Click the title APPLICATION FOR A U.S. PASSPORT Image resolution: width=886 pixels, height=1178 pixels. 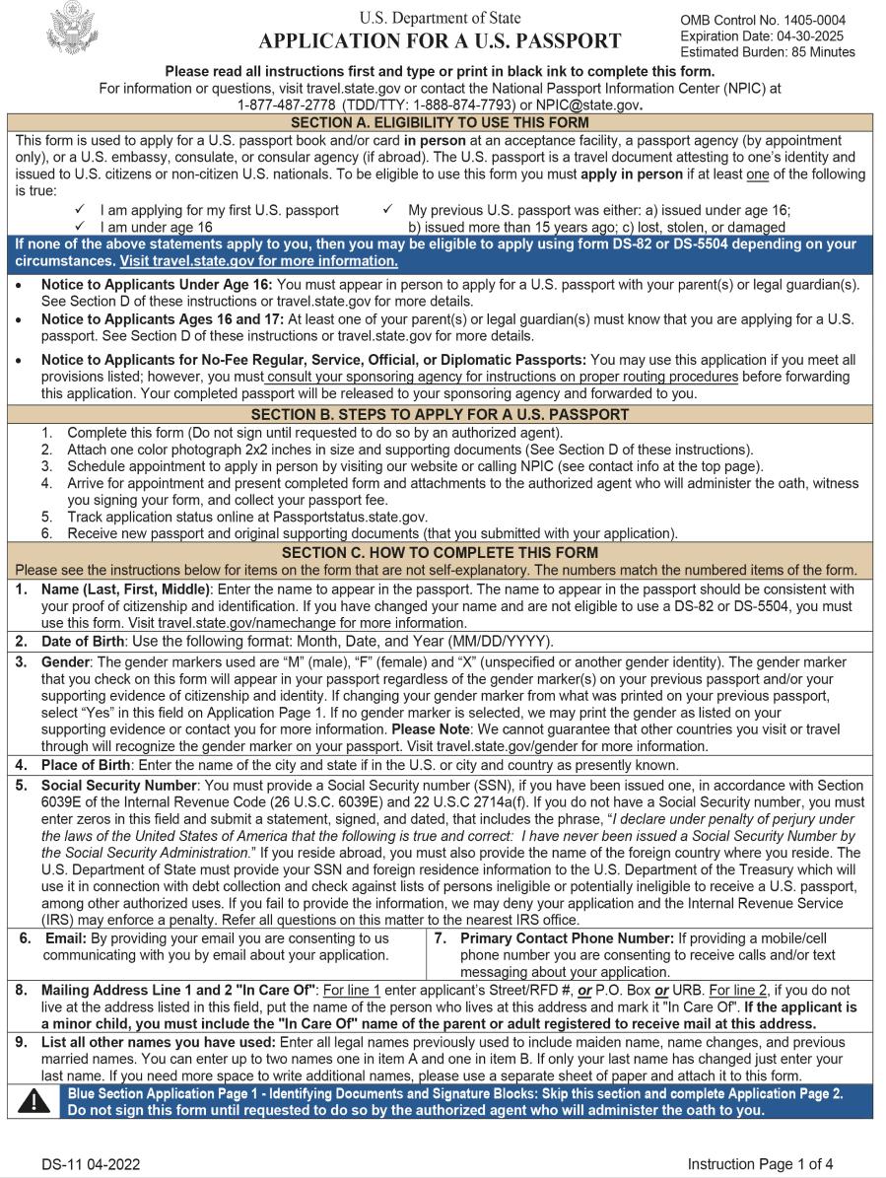[440, 41]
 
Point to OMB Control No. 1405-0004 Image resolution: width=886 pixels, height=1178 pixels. [762, 20]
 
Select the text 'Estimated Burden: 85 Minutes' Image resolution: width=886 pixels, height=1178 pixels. [767, 52]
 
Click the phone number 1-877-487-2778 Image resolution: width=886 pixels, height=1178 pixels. [283, 103]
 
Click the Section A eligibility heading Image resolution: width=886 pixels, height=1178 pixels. [440, 122]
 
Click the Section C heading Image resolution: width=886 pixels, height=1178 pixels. [440, 553]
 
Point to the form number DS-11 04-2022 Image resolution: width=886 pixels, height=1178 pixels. [90, 1163]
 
